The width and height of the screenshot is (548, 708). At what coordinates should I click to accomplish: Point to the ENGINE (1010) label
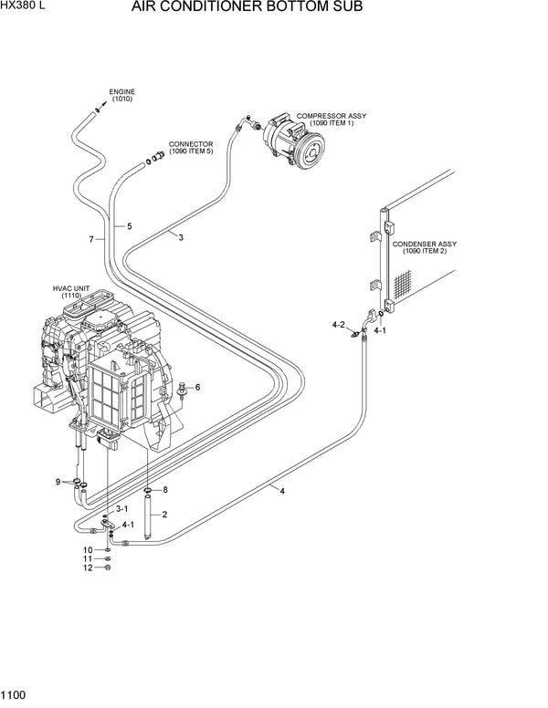click(122, 96)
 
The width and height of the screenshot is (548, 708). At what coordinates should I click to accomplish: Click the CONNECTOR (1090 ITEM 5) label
click(192, 148)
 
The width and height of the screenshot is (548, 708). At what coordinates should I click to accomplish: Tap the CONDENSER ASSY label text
click(424, 248)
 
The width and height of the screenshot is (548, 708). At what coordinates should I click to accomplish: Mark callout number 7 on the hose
click(91, 240)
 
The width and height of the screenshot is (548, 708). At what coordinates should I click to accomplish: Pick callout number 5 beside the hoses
click(129, 225)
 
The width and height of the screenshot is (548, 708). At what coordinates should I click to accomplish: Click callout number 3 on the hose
click(181, 237)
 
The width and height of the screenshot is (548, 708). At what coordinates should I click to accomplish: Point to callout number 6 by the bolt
click(196, 387)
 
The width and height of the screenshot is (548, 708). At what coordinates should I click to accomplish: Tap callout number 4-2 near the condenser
click(338, 324)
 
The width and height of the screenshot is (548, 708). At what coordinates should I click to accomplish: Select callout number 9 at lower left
click(57, 481)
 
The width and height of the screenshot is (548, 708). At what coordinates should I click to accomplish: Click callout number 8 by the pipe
click(165, 490)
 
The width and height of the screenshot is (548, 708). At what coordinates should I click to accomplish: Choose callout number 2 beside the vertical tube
click(164, 515)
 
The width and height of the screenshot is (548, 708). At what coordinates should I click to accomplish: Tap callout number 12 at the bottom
click(89, 567)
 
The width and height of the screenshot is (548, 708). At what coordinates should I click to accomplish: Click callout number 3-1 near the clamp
click(121, 510)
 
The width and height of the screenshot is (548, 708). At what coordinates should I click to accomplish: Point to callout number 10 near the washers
click(89, 549)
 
